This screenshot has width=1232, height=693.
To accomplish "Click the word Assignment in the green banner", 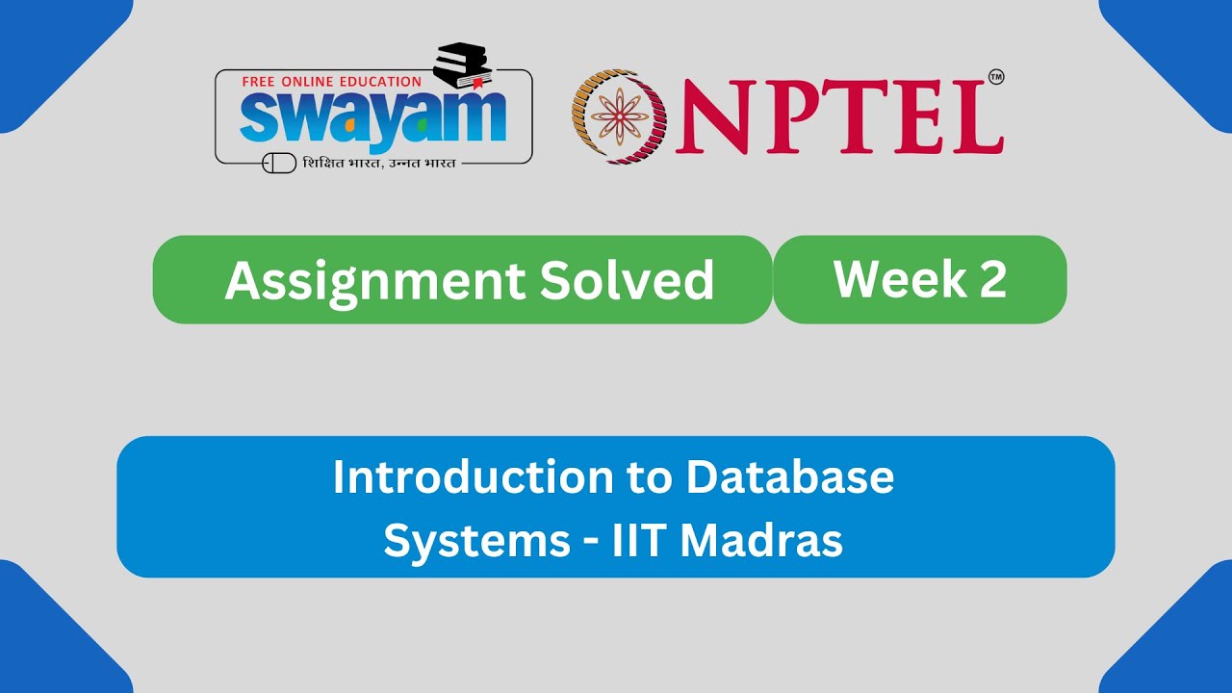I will click(375, 280).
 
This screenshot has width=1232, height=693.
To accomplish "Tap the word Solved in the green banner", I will click(627, 280).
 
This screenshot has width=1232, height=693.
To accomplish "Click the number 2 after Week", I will click(993, 279).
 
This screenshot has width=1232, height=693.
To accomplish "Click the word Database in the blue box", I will click(790, 477).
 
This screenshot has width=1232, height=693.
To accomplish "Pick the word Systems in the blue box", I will click(476, 541).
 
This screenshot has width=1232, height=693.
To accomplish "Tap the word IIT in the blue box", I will click(639, 541).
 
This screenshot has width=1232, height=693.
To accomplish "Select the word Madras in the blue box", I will click(761, 541).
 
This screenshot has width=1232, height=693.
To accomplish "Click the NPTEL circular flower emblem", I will click(620, 115).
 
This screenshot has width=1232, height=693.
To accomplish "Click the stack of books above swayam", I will click(462, 65).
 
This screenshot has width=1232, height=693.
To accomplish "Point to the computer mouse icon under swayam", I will click(279, 163).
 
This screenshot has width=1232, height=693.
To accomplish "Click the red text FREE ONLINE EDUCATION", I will click(332, 82).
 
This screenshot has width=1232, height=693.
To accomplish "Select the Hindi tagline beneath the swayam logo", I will click(379, 163).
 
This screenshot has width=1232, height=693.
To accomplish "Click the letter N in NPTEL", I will click(710, 116).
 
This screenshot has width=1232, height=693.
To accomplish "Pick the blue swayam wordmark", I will click(372, 118).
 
